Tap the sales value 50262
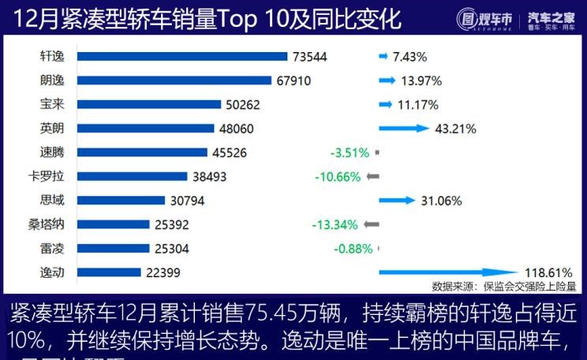[242, 104]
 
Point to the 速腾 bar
[142, 152]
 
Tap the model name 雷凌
[52, 248]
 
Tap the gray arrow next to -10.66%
[372, 176]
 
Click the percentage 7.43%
[409, 56]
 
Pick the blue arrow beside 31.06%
[397, 201]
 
